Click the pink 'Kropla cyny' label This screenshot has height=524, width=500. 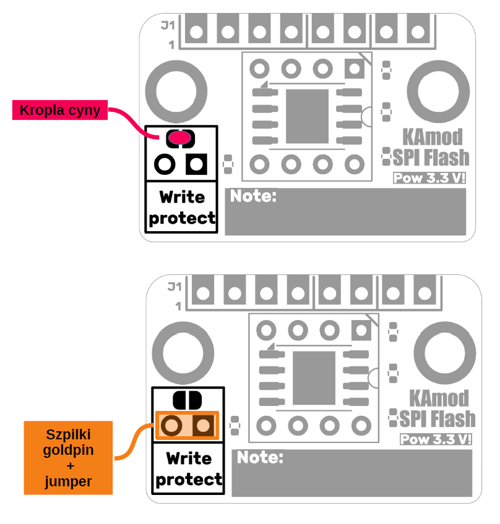tap(60, 111)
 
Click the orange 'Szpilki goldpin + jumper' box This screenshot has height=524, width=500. tap(68, 457)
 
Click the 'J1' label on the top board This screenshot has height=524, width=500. tap(167, 26)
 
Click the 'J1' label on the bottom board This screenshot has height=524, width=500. tap(175, 287)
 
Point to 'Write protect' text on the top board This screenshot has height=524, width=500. tap(182, 207)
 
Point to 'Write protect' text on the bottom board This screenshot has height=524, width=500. tap(189, 468)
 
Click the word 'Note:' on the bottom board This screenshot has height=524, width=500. tap(260, 458)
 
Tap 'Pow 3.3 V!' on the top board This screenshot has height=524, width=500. tap(429, 179)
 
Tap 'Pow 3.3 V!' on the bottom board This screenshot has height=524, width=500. tap(436, 440)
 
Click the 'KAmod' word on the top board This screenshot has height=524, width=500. tap(433, 137)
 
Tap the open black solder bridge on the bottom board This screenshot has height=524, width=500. tap(187, 400)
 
